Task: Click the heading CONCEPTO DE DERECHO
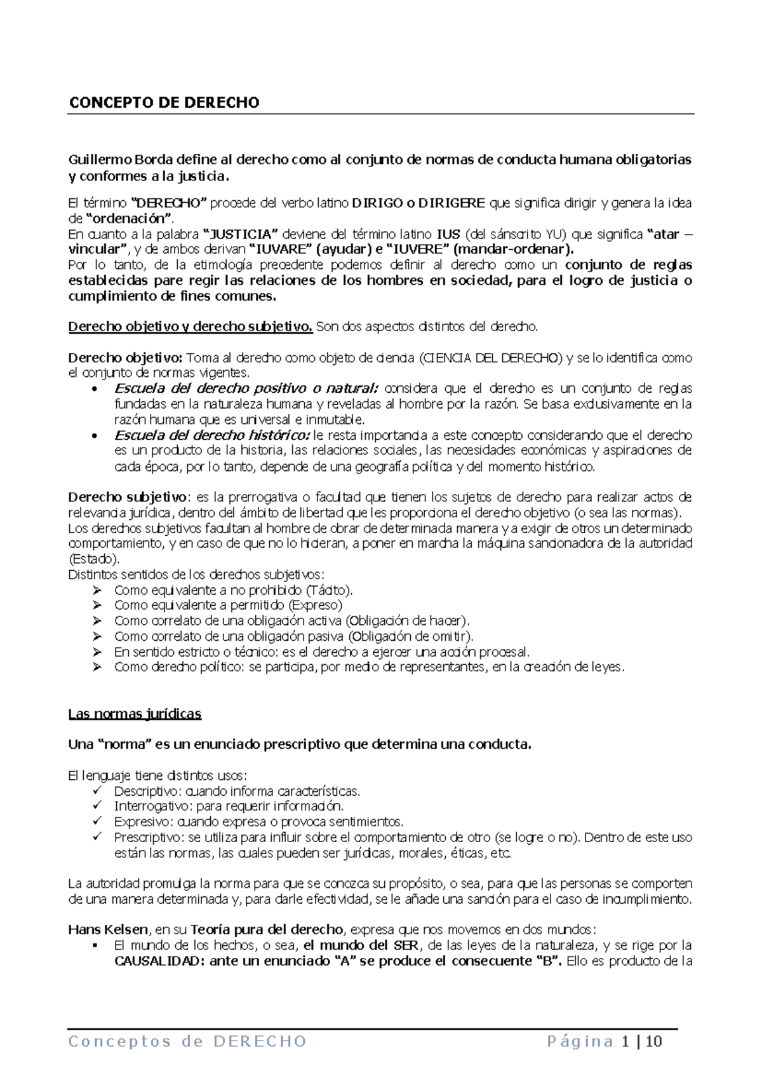coord(164,103)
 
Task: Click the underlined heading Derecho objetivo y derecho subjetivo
coord(190,327)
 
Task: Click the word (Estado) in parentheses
coord(93,559)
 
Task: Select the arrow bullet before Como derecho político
coord(97,667)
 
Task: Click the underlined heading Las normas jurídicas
coord(135,714)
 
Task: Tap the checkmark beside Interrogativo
coord(97,807)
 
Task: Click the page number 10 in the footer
coord(653,1042)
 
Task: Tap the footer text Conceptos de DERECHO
coord(187,1042)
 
